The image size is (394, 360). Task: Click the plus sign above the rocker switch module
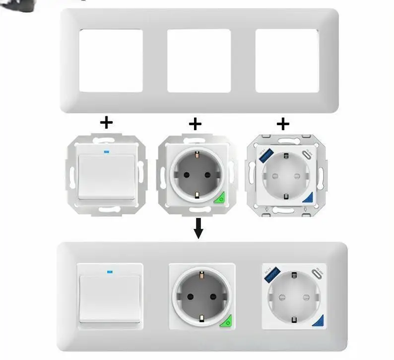pos(107,121)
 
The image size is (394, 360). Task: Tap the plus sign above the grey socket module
pos(196,124)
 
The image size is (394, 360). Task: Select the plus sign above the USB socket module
pos(283,123)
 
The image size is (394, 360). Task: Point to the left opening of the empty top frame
pos(111,60)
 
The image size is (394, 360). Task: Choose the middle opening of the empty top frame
pos(198,60)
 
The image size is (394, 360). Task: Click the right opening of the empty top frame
pos(286,60)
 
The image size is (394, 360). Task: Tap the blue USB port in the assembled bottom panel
pos(272,275)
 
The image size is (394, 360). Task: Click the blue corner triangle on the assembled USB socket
pos(317,323)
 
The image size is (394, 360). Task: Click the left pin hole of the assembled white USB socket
pos(281,296)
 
